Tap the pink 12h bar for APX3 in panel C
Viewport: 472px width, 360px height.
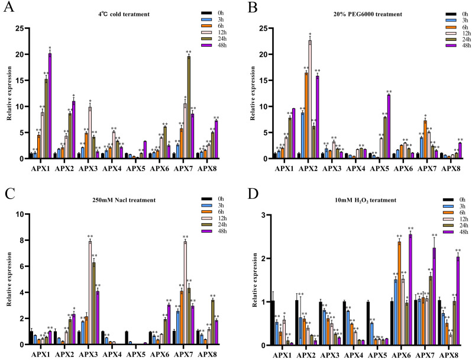pos(90,292)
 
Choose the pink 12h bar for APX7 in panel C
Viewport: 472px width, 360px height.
pos(185,292)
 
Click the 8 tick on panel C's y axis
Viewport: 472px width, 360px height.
pos(21,240)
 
